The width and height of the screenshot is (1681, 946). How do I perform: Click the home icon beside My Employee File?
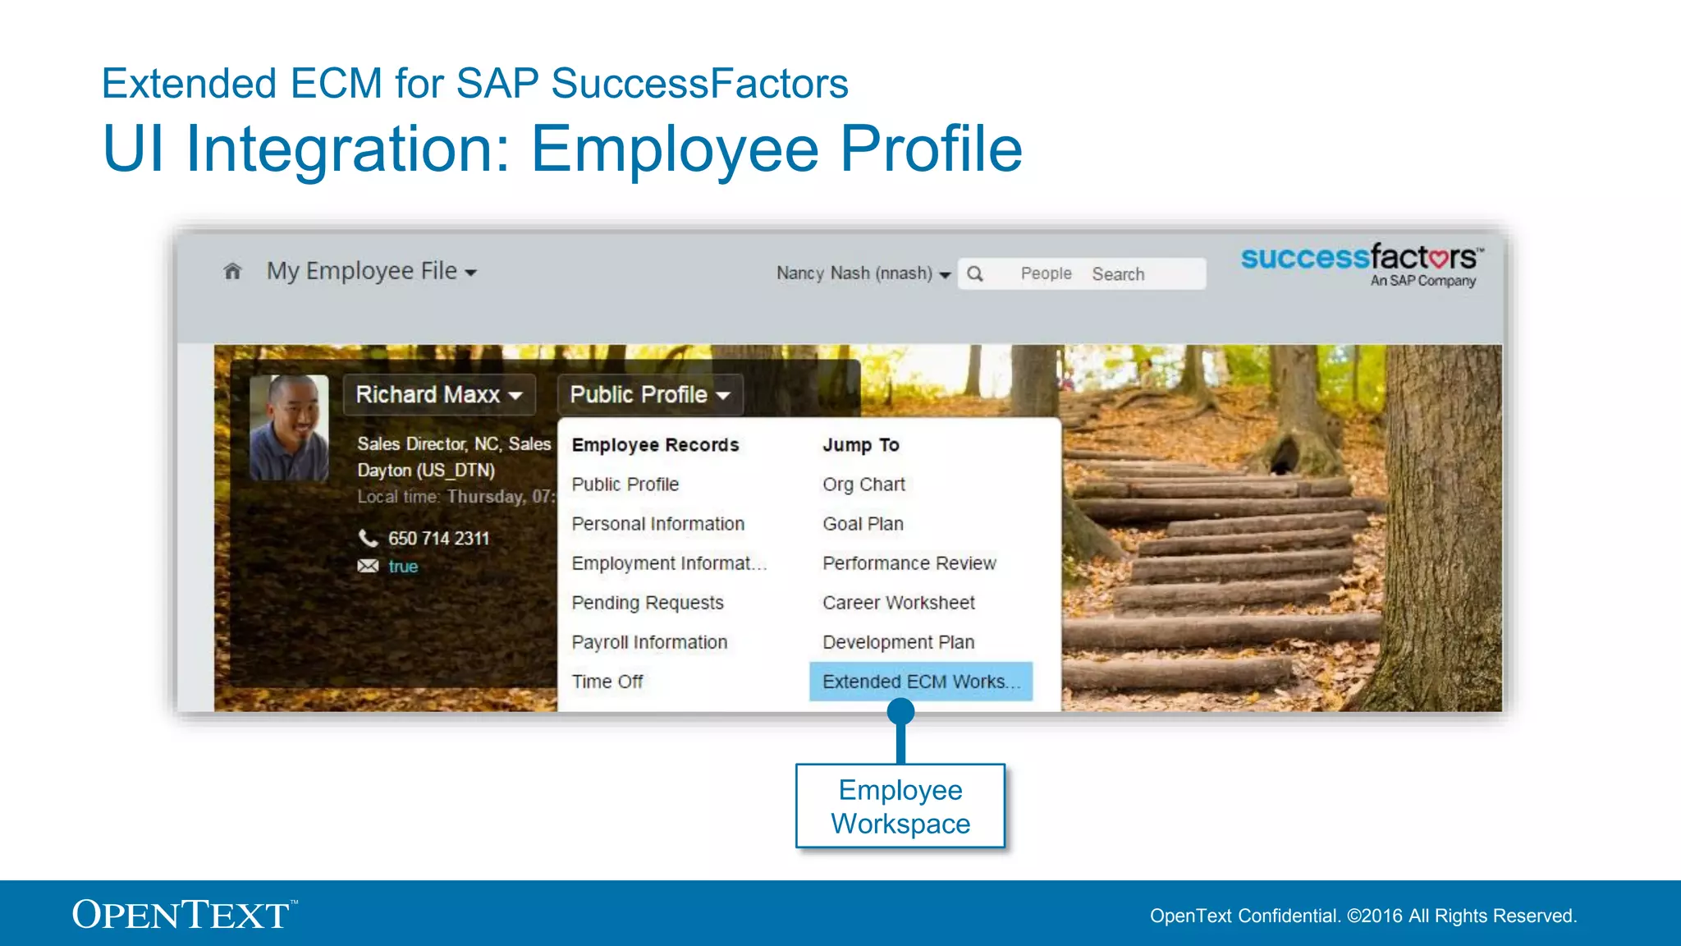[232, 271]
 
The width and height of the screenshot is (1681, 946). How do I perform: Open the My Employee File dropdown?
[371, 271]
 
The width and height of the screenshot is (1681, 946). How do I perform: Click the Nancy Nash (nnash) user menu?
[863, 273]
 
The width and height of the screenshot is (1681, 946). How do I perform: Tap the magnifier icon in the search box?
[975, 274]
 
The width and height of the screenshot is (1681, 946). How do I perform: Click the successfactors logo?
[1361, 264]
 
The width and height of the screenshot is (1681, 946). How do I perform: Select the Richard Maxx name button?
[438, 395]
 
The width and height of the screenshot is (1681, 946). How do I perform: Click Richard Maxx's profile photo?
[289, 428]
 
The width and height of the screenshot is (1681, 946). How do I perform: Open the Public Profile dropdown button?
[649, 395]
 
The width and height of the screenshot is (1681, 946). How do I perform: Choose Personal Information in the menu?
[657, 524]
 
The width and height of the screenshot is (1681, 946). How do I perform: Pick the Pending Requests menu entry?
[647, 603]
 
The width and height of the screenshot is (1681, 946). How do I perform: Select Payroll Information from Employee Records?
[649, 642]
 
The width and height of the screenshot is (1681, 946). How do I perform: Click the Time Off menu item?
[607, 682]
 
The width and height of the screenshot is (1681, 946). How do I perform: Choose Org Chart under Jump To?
[863, 484]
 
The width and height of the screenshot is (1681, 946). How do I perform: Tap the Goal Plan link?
[863, 524]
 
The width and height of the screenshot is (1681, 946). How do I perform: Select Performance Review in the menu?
[909, 563]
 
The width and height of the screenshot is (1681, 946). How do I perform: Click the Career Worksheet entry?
[898, 603]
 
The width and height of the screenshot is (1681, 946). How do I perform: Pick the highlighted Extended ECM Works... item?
[920, 682]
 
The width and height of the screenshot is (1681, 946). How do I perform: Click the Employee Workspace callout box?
[900, 806]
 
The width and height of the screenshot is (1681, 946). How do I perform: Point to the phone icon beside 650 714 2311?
[368, 538]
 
